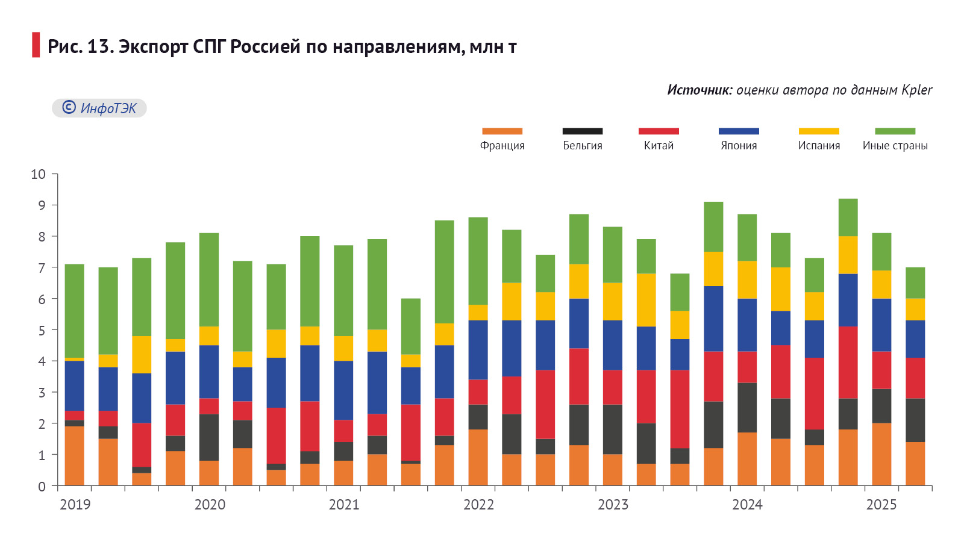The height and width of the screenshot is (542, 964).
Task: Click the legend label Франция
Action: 502,146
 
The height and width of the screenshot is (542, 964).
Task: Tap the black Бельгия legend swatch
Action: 582,131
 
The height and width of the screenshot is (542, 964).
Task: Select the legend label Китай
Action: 659,146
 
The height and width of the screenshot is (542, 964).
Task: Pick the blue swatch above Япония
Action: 739,131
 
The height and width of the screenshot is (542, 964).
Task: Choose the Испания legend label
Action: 819,146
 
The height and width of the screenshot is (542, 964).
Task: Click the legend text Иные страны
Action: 895,146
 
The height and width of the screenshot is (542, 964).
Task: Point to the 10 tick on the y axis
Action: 39,175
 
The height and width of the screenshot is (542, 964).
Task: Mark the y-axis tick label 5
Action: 42,331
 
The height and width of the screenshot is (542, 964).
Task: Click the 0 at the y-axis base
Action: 42,487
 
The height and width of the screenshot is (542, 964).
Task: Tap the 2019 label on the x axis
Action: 75,505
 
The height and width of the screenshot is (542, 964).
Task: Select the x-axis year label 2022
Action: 478,505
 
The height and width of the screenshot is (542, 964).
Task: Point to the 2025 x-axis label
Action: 881,505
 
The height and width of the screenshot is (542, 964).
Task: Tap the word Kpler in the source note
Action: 917,90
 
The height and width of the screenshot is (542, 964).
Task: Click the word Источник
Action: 700,90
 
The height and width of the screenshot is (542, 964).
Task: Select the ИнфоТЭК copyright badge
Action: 99,108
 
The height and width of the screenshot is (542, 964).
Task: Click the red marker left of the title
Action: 36,45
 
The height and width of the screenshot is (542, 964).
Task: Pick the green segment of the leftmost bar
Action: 75,311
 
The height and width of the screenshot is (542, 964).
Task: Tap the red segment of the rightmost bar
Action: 915,378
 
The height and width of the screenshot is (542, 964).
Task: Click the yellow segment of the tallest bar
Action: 848,255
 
